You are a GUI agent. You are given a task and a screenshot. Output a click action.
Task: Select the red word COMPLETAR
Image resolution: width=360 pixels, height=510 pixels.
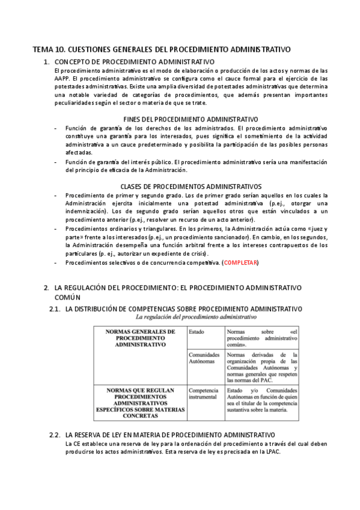coord(240,263)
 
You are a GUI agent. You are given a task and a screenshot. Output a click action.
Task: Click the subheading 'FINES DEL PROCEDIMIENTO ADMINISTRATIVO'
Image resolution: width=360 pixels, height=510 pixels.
coord(190,120)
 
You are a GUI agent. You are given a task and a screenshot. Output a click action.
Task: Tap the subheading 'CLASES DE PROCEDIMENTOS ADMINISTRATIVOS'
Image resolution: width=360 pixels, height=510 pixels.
coord(191,187)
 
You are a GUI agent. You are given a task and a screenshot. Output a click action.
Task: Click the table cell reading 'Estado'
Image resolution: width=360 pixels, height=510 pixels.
coord(196,332)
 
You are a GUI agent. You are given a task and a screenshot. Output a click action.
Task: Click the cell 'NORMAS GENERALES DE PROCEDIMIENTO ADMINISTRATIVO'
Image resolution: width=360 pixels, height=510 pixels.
coord(140,339)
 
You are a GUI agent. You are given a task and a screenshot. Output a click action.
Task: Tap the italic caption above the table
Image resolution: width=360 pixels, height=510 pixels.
coord(197,316)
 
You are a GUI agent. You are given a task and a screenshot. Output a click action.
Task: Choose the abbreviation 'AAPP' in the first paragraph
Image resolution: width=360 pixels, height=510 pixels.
coord(62,79)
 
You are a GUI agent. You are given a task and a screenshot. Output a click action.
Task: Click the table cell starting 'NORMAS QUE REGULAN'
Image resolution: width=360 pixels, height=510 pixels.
coord(140,402)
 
